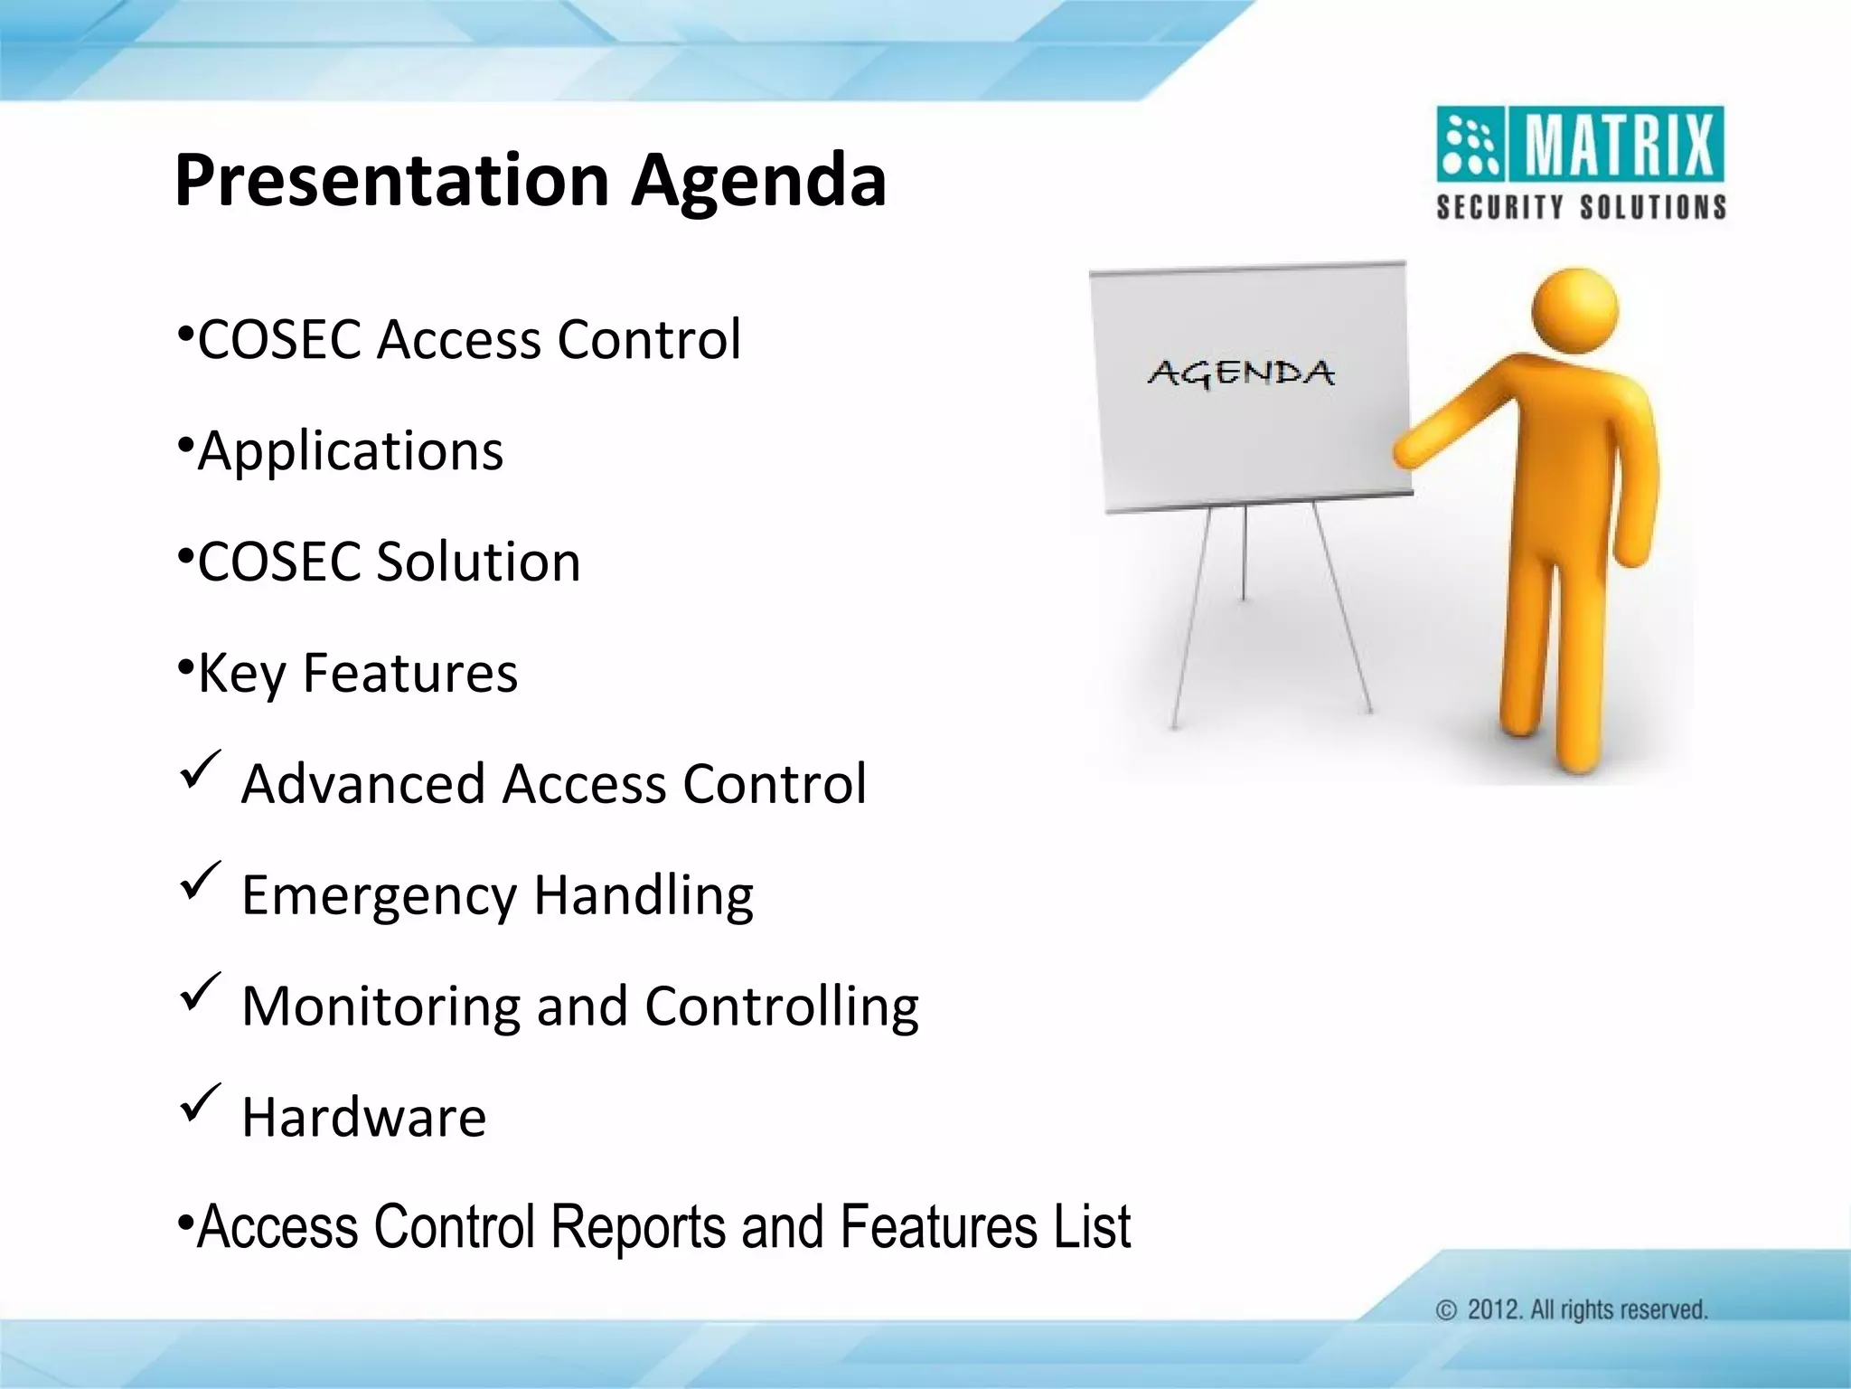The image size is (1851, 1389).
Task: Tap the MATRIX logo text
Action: click(x=1619, y=145)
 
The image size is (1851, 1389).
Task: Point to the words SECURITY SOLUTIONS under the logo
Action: click(x=1581, y=207)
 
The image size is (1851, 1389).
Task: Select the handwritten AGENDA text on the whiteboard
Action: click(x=1241, y=373)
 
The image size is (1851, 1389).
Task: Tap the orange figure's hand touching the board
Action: click(x=1406, y=449)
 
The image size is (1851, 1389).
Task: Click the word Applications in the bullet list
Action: click(x=351, y=450)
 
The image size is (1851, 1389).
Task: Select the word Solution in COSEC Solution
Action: click(x=478, y=562)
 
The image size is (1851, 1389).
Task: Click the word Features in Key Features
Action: click(x=409, y=673)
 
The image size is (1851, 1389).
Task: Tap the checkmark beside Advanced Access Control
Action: click(x=200, y=770)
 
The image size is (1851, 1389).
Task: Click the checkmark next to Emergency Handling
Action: click(x=200, y=881)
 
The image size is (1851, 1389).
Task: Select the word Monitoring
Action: click(x=381, y=1006)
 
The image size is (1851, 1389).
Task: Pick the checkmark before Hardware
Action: click(x=200, y=1103)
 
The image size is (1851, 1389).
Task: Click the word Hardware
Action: click(x=363, y=1117)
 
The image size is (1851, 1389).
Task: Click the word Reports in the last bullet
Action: click(x=638, y=1227)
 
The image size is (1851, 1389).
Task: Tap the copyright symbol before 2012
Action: click(x=1446, y=1310)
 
